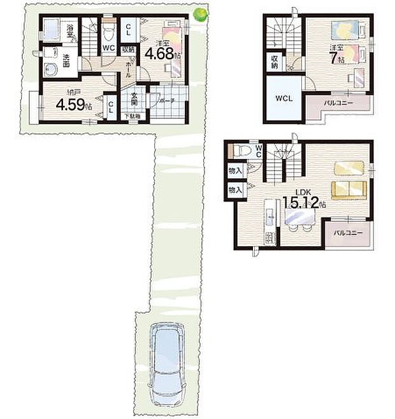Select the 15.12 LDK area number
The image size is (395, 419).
pyautogui.click(x=304, y=204)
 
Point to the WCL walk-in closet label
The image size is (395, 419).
pyautogui.click(x=283, y=99)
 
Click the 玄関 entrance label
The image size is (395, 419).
pyautogui.click(x=134, y=99)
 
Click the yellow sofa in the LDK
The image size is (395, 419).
pyautogui.click(x=348, y=189)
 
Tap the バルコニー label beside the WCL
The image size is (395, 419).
pyautogui.click(x=338, y=102)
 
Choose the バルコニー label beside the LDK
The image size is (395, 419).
pyautogui.click(x=347, y=233)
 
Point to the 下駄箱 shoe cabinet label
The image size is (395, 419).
pyautogui.click(x=133, y=116)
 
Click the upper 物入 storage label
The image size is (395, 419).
pyautogui.click(x=234, y=170)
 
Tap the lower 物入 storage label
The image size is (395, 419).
pyautogui.click(x=234, y=189)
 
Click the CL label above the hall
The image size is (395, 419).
pyautogui.click(x=128, y=29)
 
